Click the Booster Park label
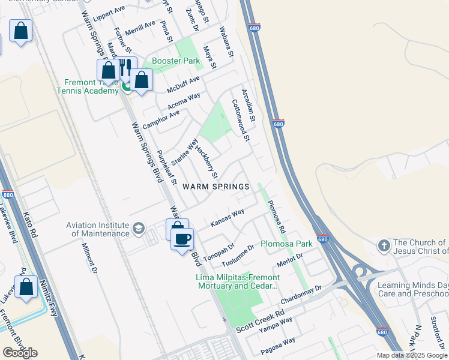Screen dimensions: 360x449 click(x=175, y=61)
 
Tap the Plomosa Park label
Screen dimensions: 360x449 click(x=286, y=244)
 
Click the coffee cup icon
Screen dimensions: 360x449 click(x=182, y=238)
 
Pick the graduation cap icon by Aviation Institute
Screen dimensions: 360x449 click(x=139, y=229)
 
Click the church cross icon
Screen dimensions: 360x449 click(x=384, y=246)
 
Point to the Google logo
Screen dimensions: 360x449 click(x=20, y=353)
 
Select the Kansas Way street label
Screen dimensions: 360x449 click(x=228, y=218)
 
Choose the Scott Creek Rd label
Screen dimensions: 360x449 click(x=260, y=323)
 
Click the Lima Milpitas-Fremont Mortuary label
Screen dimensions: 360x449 click(x=238, y=282)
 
